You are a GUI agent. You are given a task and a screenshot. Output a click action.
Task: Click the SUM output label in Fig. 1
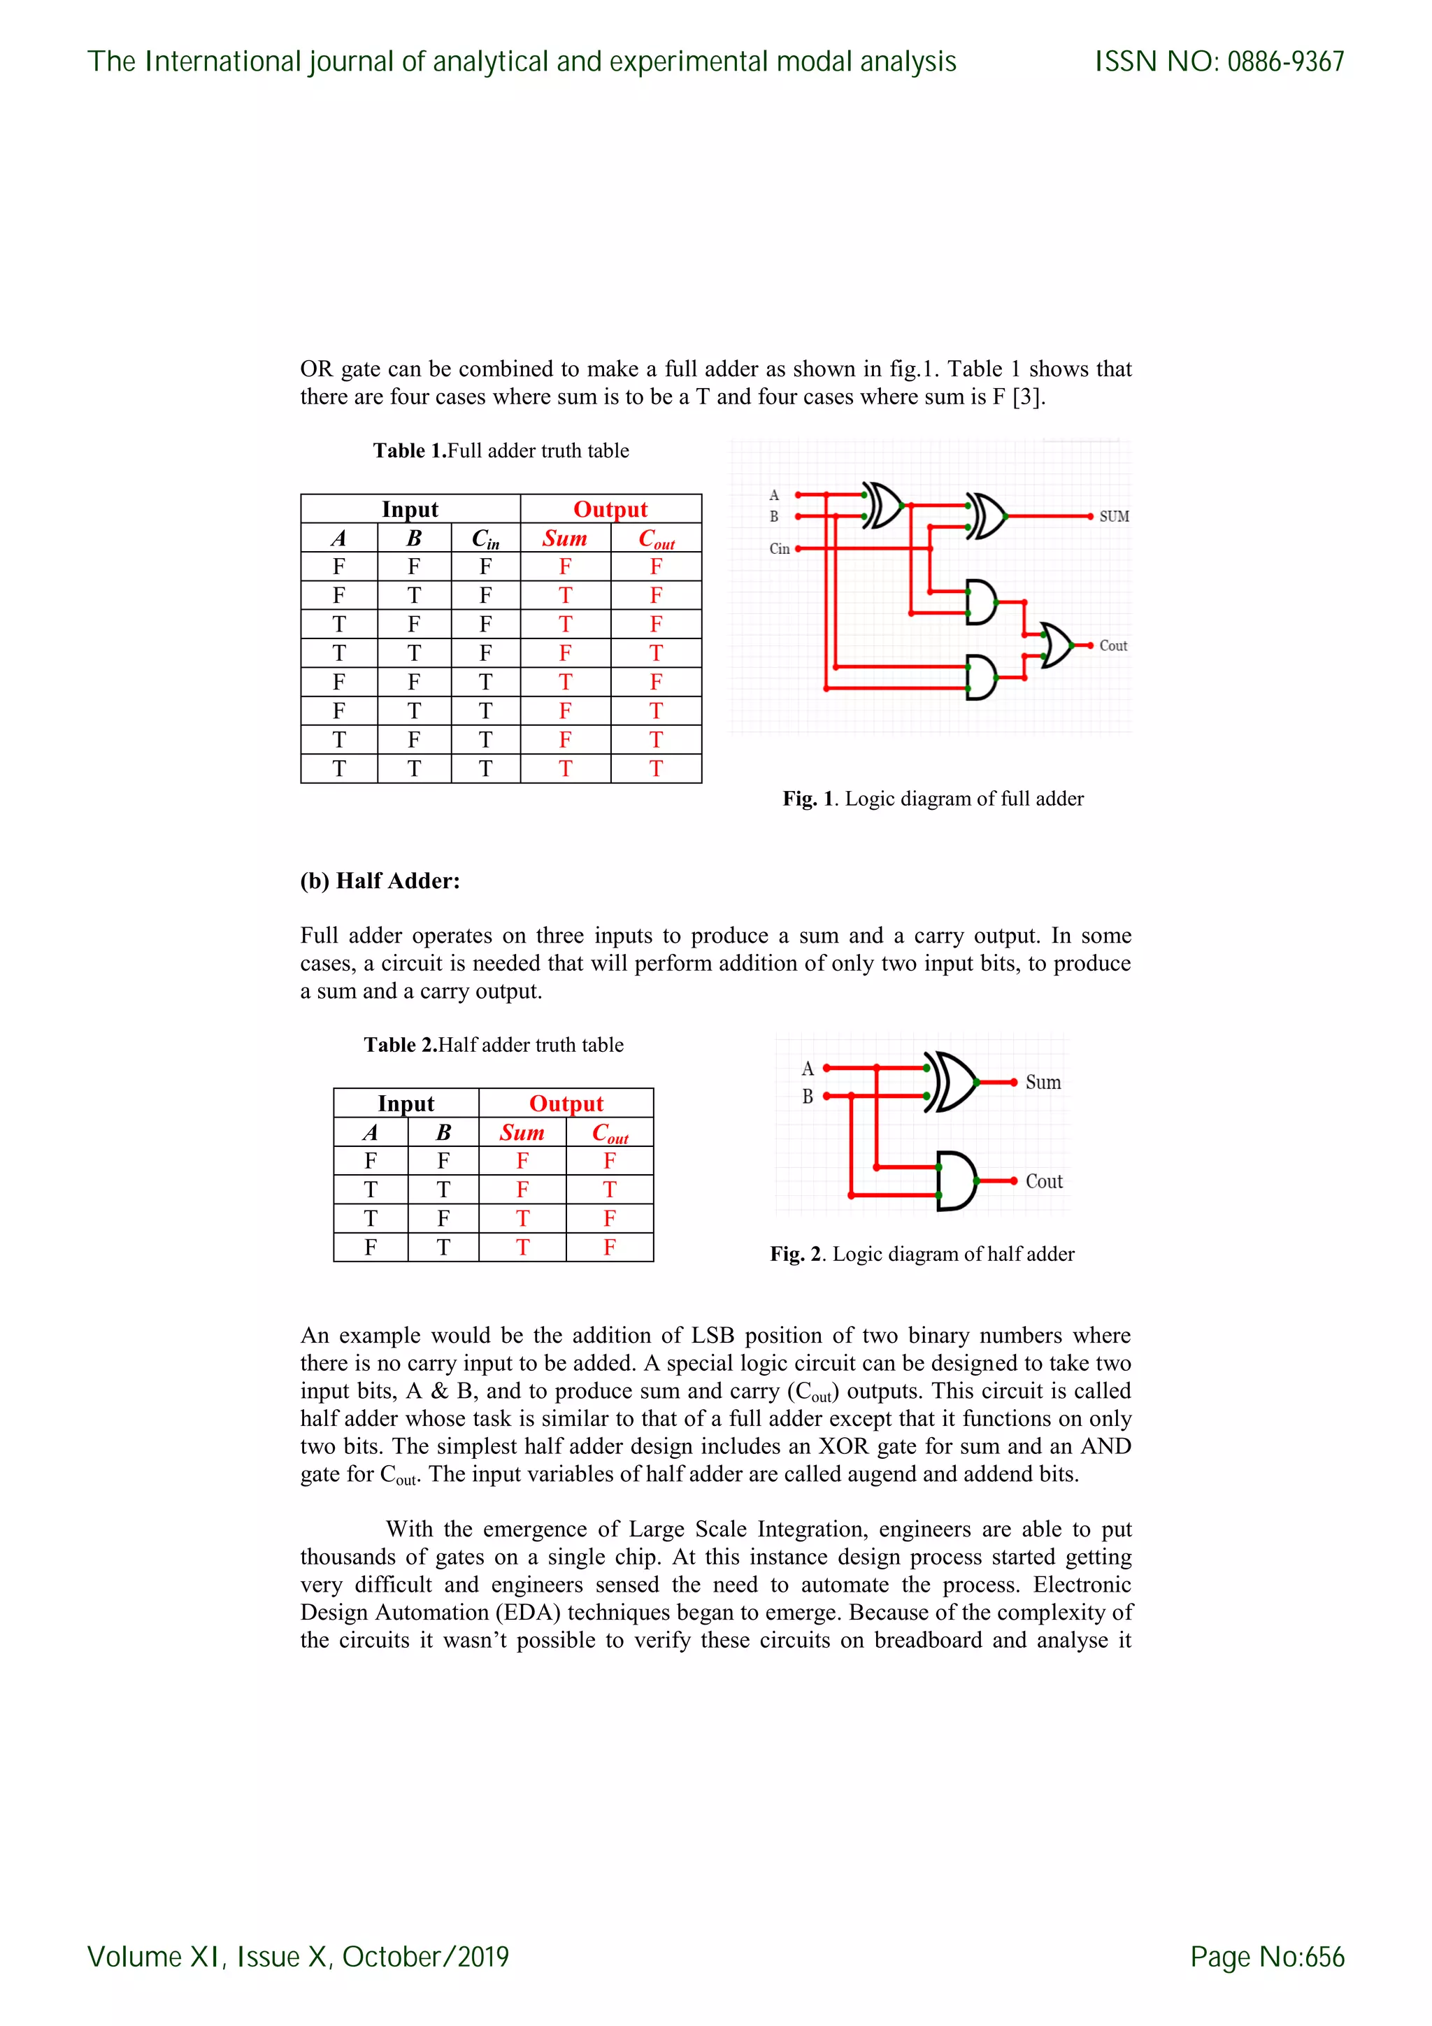point(1113,516)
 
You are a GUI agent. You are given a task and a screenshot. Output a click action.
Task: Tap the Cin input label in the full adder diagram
point(779,549)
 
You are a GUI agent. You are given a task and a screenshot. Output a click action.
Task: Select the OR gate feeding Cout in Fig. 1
point(1056,645)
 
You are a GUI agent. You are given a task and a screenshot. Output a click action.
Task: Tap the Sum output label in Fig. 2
point(1043,1083)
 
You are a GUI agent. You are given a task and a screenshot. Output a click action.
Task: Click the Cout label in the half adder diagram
point(1044,1181)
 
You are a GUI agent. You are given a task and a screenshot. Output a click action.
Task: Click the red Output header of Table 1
point(610,509)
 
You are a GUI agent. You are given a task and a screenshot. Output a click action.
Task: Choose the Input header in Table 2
point(406,1103)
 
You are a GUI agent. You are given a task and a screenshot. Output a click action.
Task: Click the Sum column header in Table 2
point(522,1132)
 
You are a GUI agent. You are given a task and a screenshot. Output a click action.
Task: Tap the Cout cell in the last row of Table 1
point(656,769)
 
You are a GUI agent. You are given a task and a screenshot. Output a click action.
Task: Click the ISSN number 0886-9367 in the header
point(1286,62)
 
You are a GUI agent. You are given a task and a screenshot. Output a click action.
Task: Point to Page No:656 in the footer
point(1267,1956)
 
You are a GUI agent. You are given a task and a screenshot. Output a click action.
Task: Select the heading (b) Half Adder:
point(380,880)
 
